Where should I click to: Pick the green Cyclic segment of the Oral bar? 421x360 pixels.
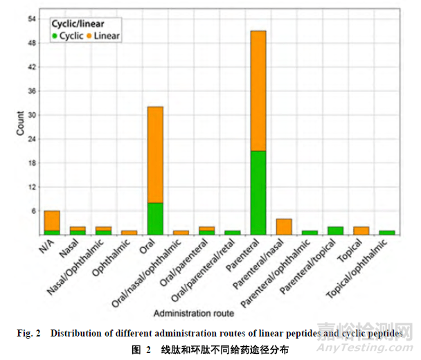(x=155, y=219)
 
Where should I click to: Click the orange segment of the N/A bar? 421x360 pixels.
(x=52, y=220)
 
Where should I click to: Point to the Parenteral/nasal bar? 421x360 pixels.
(x=284, y=227)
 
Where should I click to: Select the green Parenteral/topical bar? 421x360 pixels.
(x=335, y=231)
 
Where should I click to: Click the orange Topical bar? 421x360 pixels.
(x=361, y=231)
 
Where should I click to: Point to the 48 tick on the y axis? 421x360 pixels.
(x=33, y=44)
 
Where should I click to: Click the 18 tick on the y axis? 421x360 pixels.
(x=33, y=163)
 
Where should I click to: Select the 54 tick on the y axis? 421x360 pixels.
(x=33, y=19)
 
